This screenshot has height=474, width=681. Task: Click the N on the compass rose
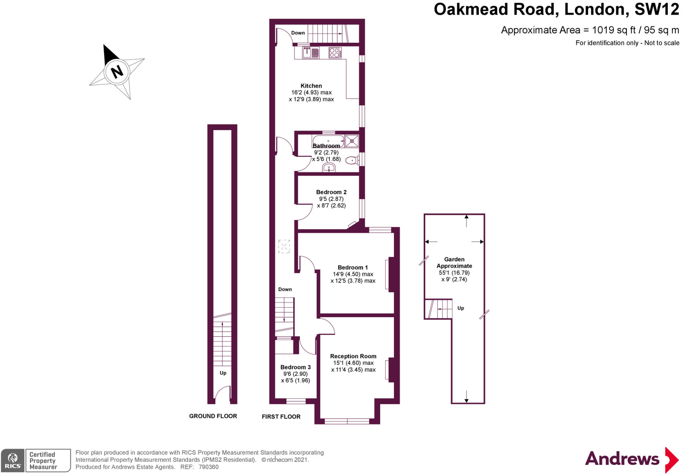pyautogui.click(x=117, y=71)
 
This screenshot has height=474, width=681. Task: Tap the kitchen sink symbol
pyautogui.click(x=311, y=52)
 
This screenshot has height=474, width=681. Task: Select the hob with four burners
pyautogui.click(x=335, y=52)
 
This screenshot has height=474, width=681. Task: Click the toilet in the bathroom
pyautogui.click(x=352, y=161)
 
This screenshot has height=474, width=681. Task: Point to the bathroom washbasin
pyautogui.click(x=329, y=168)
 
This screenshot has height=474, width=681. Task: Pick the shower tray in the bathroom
pyautogui.click(x=352, y=141)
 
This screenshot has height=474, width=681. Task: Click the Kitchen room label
pyautogui.click(x=311, y=86)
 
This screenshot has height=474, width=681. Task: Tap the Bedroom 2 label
pyautogui.click(x=331, y=192)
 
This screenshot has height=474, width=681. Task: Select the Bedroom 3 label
pyautogui.click(x=295, y=367)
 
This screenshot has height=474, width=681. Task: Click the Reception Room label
pyautogui.click(x=353, y=356)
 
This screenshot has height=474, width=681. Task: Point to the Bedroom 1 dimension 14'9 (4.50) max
pyautogui.click(x=353, y=274)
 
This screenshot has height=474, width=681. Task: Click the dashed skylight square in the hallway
pyautogui.click(x=284, y=246)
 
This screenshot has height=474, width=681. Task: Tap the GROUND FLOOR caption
pyautogui.click(x=213, y=416)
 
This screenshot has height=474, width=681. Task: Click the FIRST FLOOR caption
pyautogui.click(x=281, y=417)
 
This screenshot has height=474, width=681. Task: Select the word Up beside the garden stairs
pyautogui.click(x=461, y=308)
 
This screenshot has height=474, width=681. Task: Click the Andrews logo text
pyautogui.click(x=622, y=459)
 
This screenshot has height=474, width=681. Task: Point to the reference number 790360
pyautogui.click(x=208, y=467)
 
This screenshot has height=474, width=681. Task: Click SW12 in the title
pyautogui.click(x=656, y=9)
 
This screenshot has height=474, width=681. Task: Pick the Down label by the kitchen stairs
pyautogui.click(x=298, y=33)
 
